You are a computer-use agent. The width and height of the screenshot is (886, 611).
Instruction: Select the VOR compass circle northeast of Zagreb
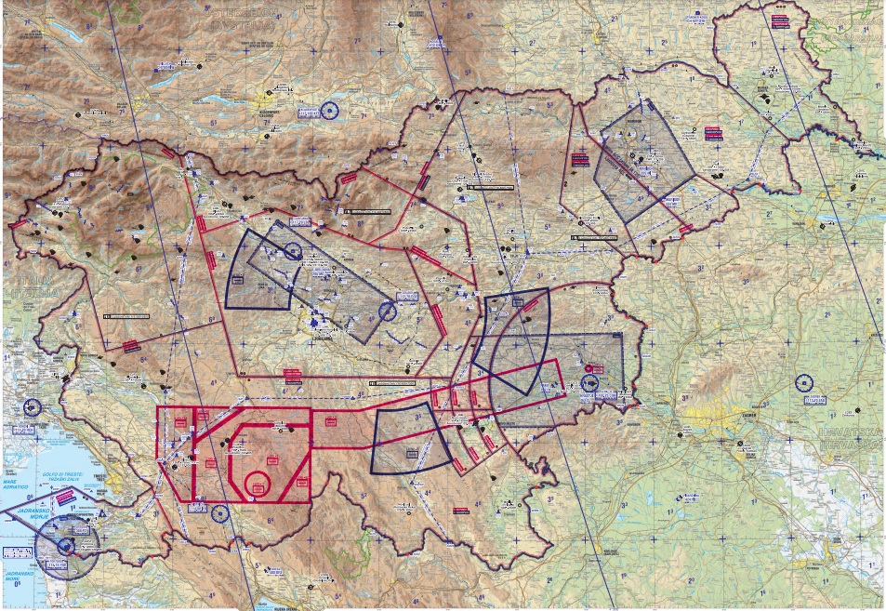point(804,382)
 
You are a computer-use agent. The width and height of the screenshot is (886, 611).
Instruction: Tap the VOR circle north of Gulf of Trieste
point(33,406)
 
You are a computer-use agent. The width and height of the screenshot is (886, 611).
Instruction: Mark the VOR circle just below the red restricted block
point(220,511)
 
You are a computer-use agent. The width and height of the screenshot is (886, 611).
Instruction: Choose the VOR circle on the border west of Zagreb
point(589,380)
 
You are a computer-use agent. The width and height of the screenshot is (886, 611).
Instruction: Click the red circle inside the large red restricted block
point(258,483)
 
